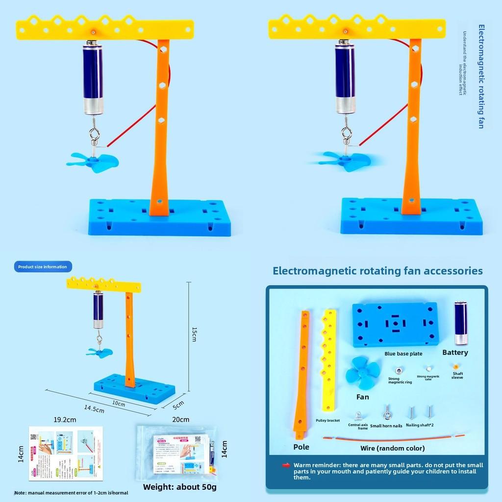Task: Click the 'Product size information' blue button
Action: click(43, 267)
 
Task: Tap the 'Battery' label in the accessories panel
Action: click(455, 352)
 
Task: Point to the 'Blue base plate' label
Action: click(403, 353)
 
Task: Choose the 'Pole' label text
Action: click(301, 447)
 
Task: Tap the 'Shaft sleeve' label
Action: click(457, 376)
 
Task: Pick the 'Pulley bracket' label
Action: click(328, 420)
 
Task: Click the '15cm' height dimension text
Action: click(194, 334)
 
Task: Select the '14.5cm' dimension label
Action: click(94, 408)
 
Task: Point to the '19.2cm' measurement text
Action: click(65, 420)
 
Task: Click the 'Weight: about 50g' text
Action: click(180, 487)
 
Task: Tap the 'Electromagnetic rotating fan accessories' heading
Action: click(377, 271)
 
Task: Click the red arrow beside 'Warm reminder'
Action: click(286, 465)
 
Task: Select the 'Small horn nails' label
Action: click(386, 426)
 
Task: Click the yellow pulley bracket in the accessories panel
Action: click(329, 360)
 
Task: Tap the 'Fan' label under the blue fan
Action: click(363, 397)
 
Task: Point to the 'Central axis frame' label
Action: click(358, 427)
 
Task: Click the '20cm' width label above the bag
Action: click(181, 420)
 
